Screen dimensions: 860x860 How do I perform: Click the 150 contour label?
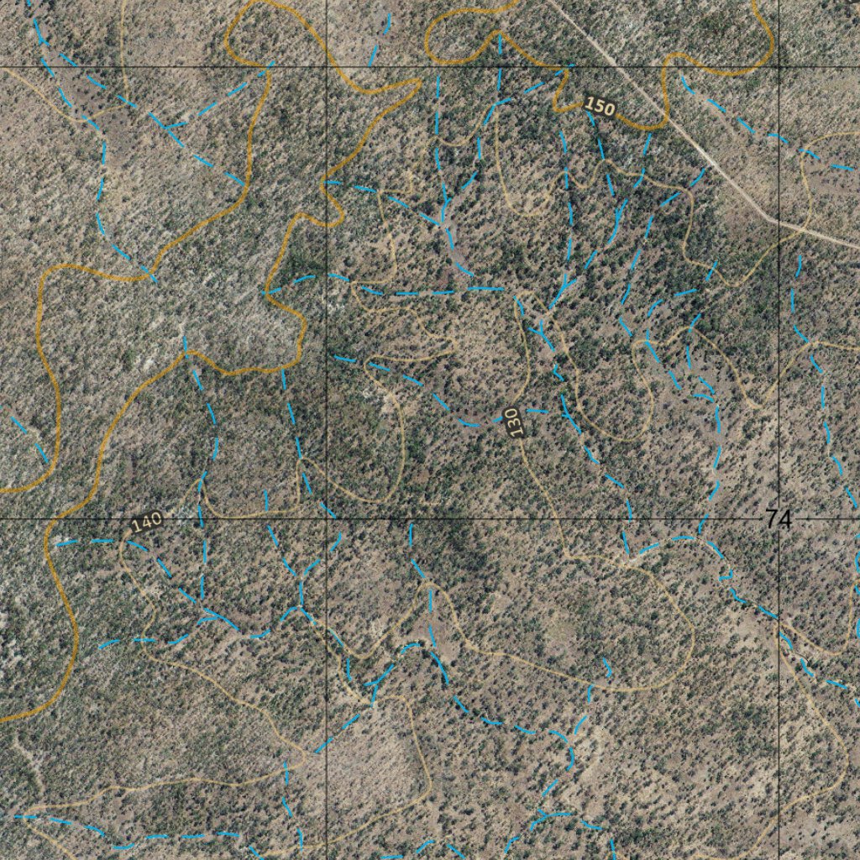[600, 107]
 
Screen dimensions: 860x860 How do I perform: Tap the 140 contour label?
[146, 522]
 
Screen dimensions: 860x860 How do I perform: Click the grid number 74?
[779, 520]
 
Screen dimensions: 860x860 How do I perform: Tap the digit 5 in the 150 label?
[600, 107]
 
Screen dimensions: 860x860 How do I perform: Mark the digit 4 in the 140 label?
[146, 522]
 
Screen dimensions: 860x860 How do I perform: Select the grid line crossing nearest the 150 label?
[779, 66]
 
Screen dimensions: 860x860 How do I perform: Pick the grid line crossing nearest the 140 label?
[326, 519]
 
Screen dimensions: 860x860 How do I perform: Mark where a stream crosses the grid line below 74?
[779, 621]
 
